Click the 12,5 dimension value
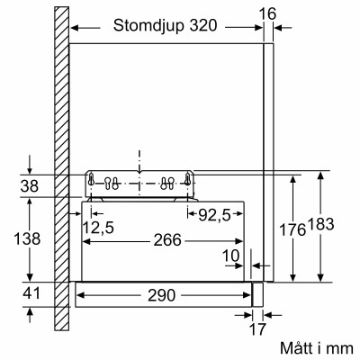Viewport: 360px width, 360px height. pyautogui.click(x=98, y=227)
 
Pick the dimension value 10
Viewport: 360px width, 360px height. pyautogui.click(x=232, y=256)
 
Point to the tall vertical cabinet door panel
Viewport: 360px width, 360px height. pyautogui.click(x=265, y=162)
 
